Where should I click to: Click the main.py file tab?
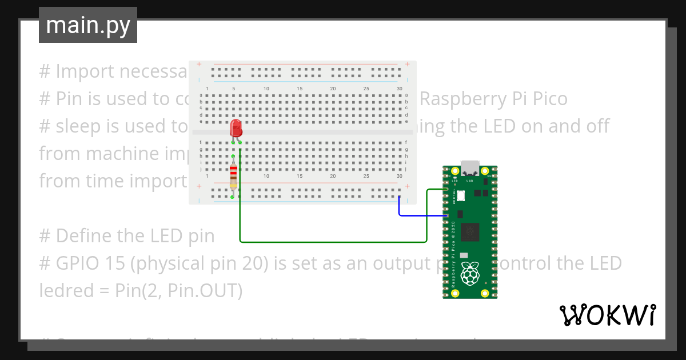tap(88, 25)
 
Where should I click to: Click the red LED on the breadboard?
tap(236, 129)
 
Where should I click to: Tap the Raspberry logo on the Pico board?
tap(470, 273)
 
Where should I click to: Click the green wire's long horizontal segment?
tap(332, 242)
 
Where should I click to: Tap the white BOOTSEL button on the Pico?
tap(461, 195)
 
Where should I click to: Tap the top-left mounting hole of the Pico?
tap(455, 171)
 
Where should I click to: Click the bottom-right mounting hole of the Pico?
tap(485, 293)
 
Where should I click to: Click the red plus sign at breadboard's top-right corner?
tap(407, 64)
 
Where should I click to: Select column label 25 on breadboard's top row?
tap(366, 89)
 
